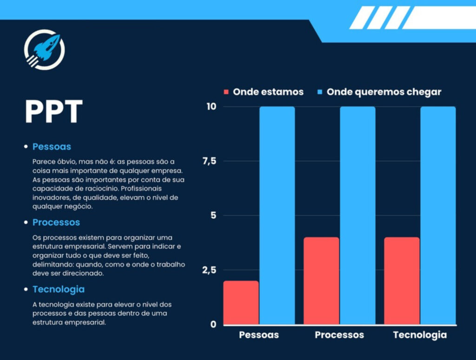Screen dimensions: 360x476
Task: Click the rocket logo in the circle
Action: click(44, 49)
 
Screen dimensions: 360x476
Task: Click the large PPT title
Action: click(53, 112)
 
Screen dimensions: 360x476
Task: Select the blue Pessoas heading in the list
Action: click(52, 147)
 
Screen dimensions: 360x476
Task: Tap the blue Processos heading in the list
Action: click(56, 222)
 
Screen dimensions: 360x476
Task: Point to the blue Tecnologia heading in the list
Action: click(58, 289)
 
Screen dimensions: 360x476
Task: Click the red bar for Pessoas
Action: click(241, 302)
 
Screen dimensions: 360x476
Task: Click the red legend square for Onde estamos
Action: click(226, 92)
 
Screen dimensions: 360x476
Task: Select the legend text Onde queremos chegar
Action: click(383, 92)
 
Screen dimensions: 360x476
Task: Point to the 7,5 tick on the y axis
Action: click(210, 161)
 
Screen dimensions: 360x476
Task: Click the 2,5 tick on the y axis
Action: click(210, 270)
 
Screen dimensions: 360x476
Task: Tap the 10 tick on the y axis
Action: click(212, 107)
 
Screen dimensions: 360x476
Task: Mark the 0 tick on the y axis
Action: click(213, 324)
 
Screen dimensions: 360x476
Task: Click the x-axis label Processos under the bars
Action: click(339, 335)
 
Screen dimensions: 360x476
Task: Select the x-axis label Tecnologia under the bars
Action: click(420, 335)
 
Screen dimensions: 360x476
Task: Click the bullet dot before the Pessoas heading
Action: click(26, 147)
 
